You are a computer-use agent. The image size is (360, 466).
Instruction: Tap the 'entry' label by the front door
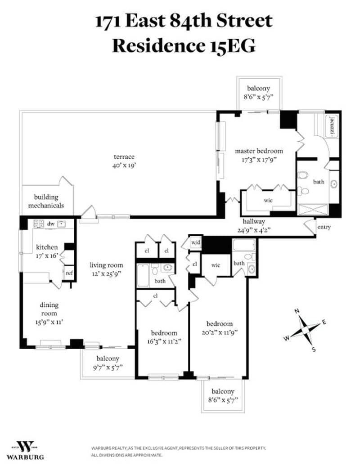click(324, 227)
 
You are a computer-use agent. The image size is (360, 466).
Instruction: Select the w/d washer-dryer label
click(196, 242)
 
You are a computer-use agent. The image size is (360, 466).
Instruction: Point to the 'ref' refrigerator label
click(69, 273)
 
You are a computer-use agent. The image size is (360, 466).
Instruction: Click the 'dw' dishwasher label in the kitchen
click(51, 224)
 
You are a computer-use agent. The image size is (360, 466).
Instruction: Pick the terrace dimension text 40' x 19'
click(124, 165)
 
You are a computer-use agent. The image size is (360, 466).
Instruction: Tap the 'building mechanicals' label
click(46, 201)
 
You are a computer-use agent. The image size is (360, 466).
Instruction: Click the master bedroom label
click(259, 151)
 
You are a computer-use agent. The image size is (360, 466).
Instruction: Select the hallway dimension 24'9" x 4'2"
click(254, 230)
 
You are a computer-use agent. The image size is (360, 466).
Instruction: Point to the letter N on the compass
click(297, 311)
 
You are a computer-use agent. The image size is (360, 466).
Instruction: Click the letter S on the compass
click(313, 349)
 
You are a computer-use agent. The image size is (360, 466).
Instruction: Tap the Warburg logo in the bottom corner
click(25, 450)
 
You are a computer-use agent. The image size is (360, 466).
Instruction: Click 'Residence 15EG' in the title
click(184, 46)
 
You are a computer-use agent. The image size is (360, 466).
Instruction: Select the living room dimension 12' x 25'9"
click(107, 274)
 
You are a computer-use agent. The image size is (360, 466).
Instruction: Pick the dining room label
click(49, 309)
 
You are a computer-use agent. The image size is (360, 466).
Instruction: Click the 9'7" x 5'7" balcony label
click(108, 367)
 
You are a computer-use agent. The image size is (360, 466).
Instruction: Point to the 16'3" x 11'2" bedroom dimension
click(164, 341)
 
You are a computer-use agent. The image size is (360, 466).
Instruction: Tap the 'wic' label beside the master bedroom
click(268, 200)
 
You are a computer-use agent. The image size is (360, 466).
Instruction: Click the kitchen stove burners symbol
click(39, 224)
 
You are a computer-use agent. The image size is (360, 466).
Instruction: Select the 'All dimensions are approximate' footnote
click(127, 455)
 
